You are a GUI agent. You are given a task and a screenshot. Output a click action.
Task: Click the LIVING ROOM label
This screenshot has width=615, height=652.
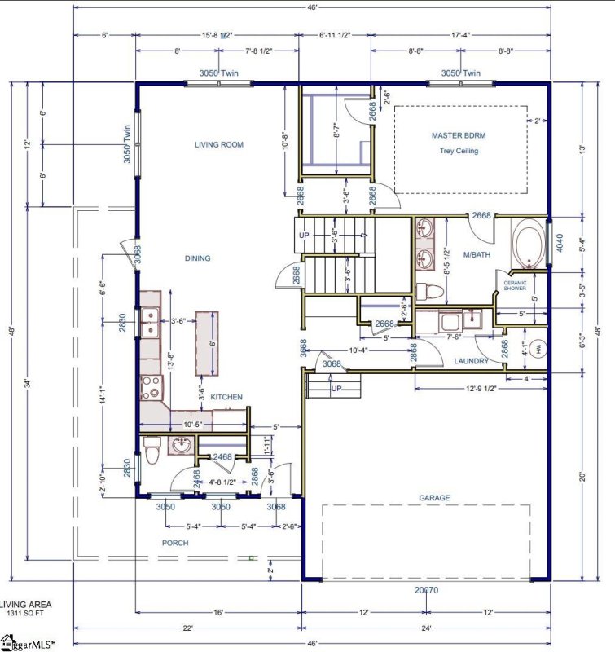click(x=219, y=144)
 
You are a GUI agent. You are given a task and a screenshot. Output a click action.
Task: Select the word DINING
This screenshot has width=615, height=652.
click(x=197, y=258)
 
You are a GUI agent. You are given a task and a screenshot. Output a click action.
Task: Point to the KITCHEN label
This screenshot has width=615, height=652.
click(x=226, y=397)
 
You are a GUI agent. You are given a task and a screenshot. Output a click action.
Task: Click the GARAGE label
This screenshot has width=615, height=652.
click(x=434, y=498)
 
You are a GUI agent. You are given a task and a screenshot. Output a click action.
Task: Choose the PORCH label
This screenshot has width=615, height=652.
click(x=175, y=543)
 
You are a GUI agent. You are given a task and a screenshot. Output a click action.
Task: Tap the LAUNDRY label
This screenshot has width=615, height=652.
click(x=472, y=361)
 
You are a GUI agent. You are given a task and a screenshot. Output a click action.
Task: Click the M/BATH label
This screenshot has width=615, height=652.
click(x=475, y=255)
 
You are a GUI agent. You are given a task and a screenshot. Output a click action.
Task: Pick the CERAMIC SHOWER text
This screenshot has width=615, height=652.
click(x=516, y=285)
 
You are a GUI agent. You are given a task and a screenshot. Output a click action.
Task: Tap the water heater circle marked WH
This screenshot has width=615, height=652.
click(x=537, y=350)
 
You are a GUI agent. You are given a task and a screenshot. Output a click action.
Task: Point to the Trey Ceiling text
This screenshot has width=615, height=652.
click(x=459, y=151)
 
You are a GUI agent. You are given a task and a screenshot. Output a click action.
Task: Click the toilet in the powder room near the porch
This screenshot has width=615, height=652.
click(x=151, y=448)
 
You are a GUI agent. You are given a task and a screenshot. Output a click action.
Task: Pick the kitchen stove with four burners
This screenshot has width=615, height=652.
click(x=150, y=387)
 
